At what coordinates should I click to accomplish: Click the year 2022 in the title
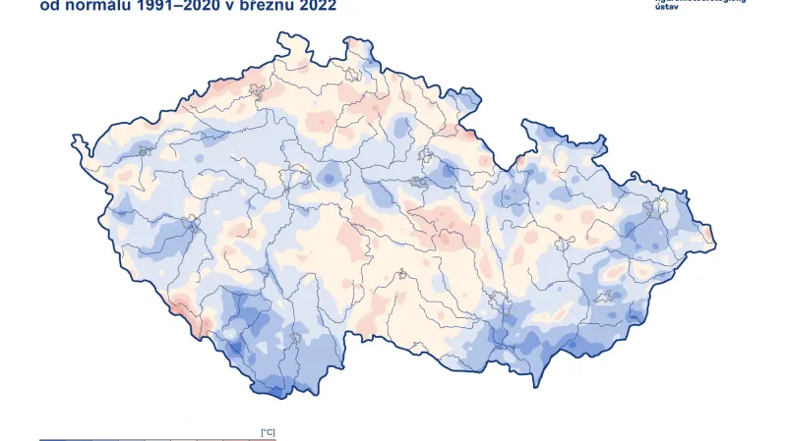tap(317, 6)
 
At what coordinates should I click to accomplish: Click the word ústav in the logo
tap(667, 7)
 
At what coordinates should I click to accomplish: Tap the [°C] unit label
tap(267, 432)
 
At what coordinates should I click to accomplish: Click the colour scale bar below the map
tap(157, 439)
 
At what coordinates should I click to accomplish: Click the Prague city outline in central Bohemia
tap(292, 178)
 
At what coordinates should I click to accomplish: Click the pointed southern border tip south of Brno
tap(536, 384)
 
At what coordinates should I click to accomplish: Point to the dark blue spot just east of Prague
tap(332, 175)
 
